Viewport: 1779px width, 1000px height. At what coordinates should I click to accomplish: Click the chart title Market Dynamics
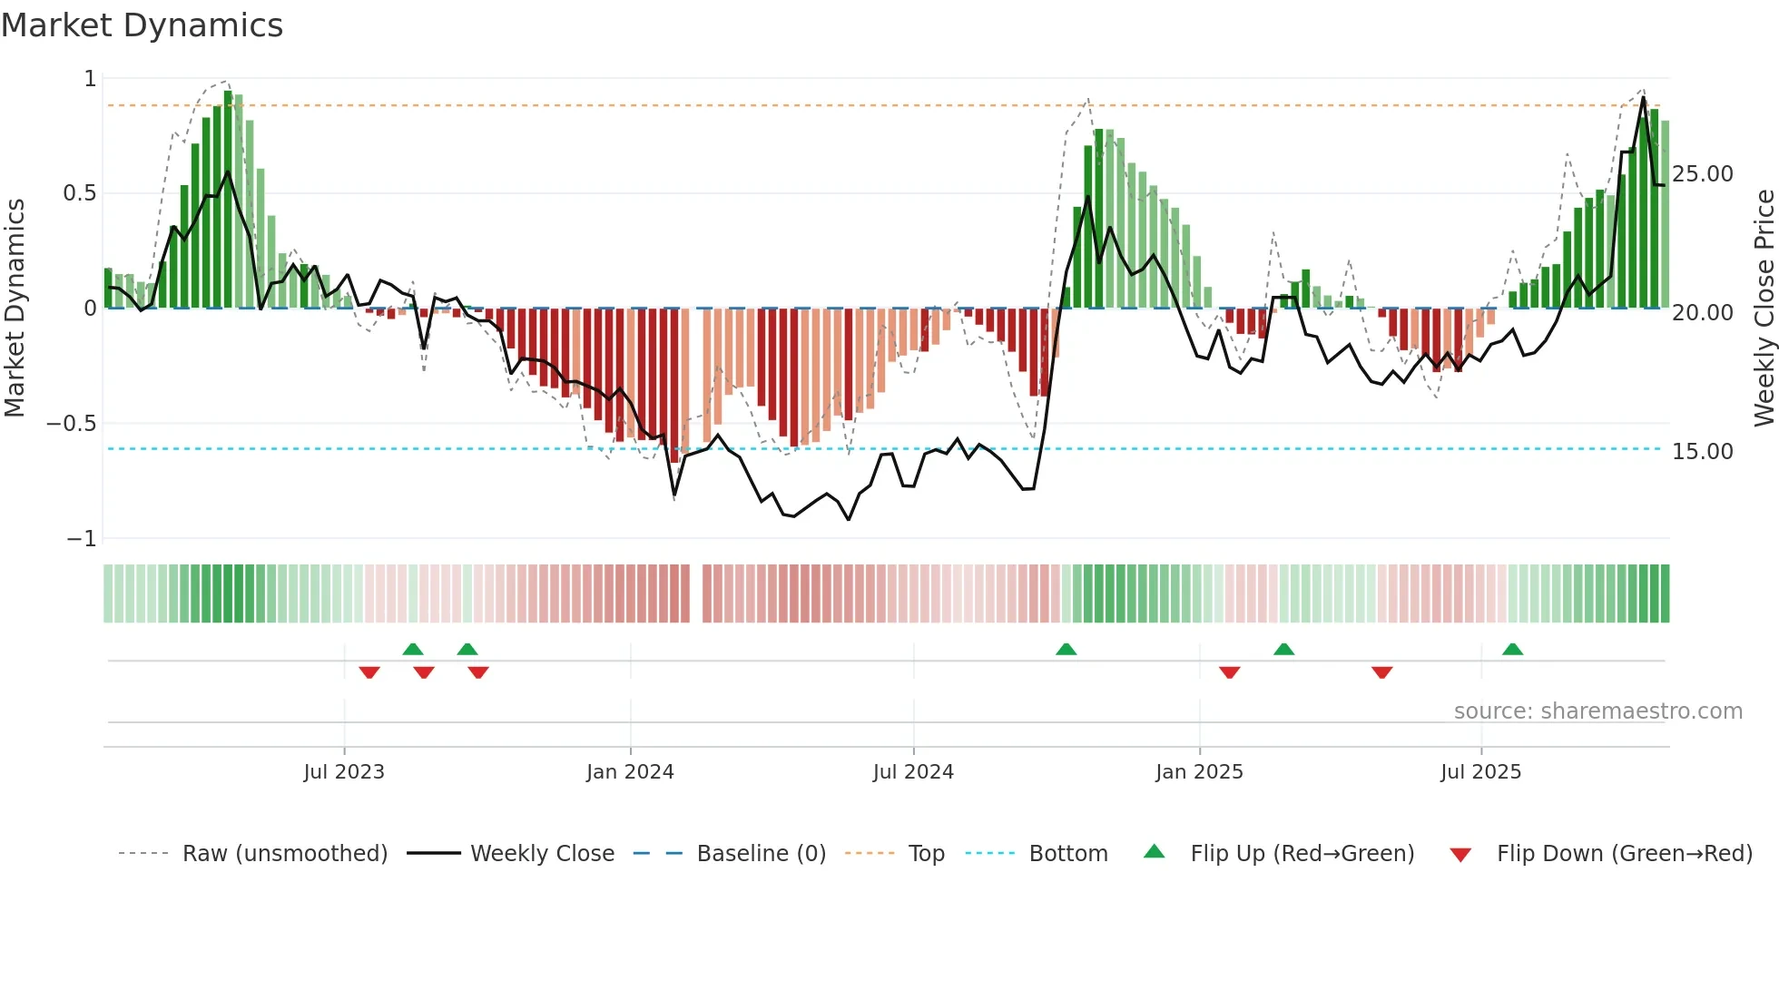142,25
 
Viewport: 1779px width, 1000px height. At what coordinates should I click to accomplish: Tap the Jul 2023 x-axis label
344,772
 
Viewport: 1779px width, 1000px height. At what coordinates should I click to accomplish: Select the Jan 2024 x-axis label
630,772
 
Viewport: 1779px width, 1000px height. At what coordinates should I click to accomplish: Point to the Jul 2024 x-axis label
913,772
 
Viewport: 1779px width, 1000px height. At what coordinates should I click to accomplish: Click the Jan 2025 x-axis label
1199,772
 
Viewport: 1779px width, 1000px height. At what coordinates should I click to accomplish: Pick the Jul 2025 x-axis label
1480,772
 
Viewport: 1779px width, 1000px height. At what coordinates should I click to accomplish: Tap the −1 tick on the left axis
82,539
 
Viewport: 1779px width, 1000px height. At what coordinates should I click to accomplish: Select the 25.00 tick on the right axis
1703,174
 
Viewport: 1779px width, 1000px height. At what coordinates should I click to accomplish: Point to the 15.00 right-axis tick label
1703,452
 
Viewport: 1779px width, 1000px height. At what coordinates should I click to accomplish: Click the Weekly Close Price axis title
1764,309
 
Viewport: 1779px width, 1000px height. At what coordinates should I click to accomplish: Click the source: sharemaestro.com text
1597,711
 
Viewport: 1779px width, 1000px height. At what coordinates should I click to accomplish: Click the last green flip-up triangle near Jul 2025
1512,650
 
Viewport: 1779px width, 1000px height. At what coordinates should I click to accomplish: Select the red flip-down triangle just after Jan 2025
1230,672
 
